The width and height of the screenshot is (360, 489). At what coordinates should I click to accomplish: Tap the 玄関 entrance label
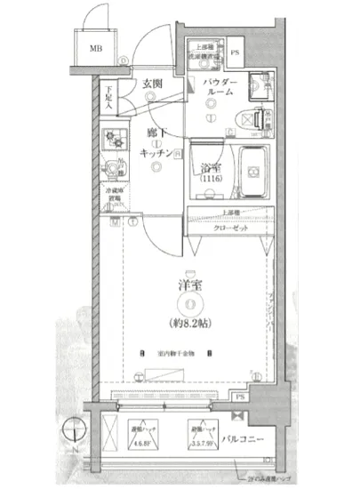152,84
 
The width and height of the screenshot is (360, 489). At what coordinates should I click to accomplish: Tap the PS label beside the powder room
236,52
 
